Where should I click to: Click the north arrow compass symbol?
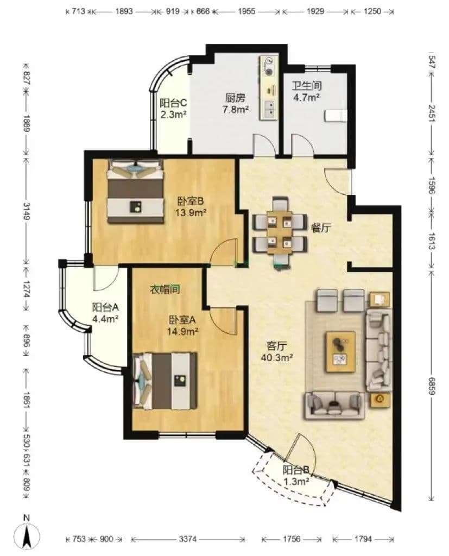(x=27, y=534)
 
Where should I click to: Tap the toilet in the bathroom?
(x=335, y=116)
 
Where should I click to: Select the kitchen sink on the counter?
(x=269, y=109)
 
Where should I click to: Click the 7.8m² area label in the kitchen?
(x=235, y=109)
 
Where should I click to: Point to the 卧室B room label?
(x=190, y=201)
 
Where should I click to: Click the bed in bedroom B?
(x=136, y=191)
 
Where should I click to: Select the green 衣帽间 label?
(x=165, y=290)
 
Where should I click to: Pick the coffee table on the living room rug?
(x=340, y=352)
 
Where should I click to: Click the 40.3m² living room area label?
(x=277, y=357)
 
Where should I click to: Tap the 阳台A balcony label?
(x=105, y=307)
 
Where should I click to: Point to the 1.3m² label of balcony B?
(x=296, y=482)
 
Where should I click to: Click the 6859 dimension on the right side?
(x=432, y=386)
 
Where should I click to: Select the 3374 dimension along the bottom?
(x=187, y=539)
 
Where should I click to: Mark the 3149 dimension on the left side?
(x=26, y=211)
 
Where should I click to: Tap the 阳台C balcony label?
(x=173, y=103)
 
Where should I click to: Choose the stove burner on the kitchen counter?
(x=269, y=71)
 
